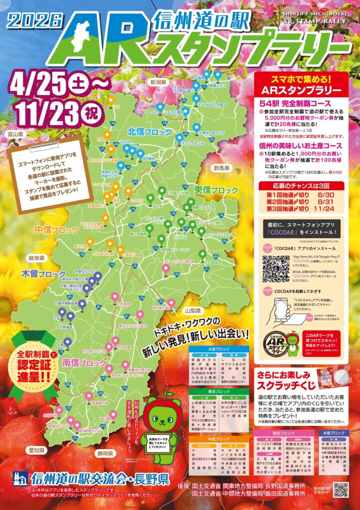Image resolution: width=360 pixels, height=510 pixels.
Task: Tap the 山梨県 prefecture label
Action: (191, 310)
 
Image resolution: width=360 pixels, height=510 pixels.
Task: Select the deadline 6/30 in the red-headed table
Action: (327, 195)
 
